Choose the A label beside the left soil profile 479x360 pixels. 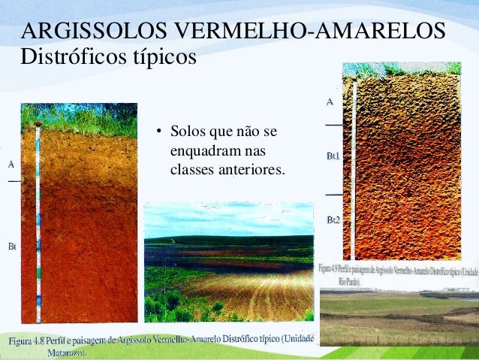coord(11,163)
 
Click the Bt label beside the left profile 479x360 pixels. coord(12,246)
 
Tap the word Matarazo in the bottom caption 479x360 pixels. coord(70,352)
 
